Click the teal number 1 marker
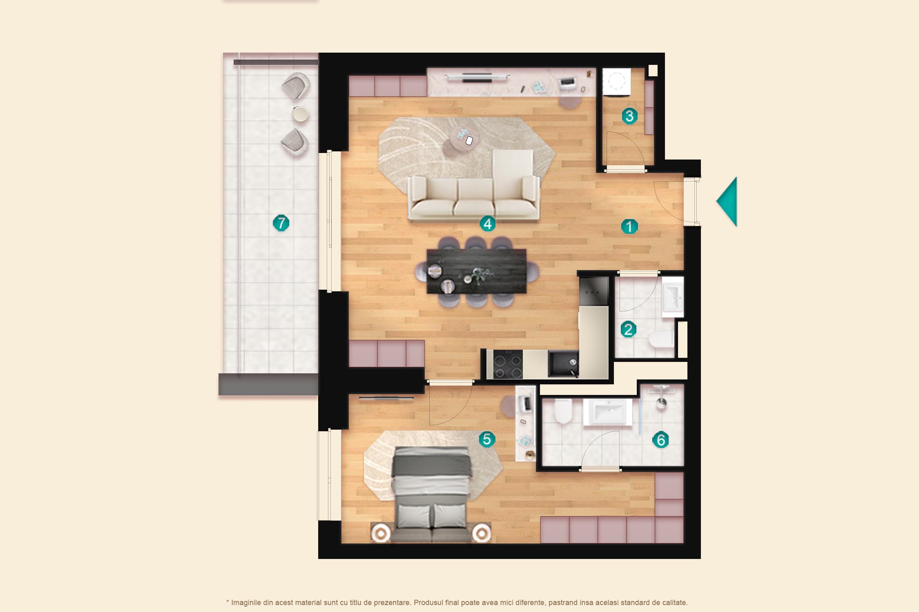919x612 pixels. point(629,226)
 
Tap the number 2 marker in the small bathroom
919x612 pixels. point(628,329)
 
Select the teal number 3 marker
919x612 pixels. point(629,116)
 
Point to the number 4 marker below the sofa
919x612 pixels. point(487,224)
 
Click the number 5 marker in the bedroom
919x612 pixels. point(487,439)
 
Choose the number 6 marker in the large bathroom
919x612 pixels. point(660,440)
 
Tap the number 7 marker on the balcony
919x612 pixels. point(281,223)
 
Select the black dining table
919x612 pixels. point(476,271)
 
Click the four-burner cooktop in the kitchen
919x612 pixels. point(508,364)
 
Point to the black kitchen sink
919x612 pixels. point(563,364)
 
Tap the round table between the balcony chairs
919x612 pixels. point(301,114)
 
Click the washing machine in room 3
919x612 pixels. point(617,82)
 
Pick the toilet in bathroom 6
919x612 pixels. point(563,411)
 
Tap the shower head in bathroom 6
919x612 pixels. point(661,404)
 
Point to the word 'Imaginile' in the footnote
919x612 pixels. point(247,603)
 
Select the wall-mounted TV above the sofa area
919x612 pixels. point(477,77)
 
